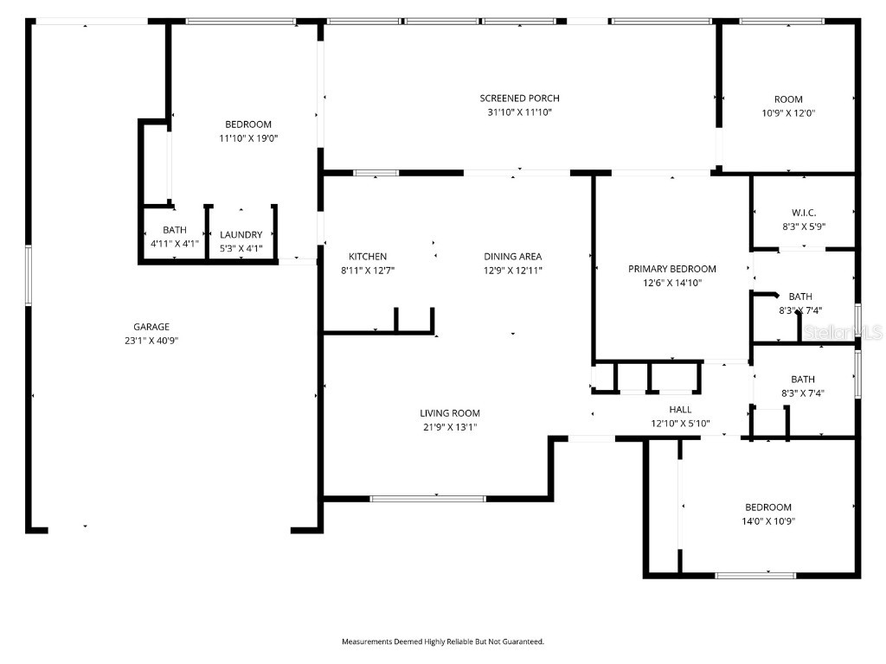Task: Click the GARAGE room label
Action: tap(151, 327)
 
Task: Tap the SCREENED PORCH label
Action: tap(519, 99)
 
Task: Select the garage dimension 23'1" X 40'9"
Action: tap(151, 341)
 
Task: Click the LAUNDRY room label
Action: tap(241, 235)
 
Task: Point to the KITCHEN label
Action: tap(368, 257)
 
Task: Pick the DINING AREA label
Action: tap(513, 257)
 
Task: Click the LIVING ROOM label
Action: tap(450, 413)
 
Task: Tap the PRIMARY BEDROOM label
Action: tap(672, 269)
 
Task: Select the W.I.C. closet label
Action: tap(804, 213)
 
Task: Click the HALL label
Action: tap(680, 410)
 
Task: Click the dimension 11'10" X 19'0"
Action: tap(248, 138)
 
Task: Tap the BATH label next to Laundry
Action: tap(175, 231)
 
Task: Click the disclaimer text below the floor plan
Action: tap(443, 642)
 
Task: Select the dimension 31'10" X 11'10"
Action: tap(519, 112)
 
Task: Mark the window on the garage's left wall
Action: tap(29, 275)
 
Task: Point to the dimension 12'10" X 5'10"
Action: tap(680, 424)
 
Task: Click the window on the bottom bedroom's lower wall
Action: tap(755, 575)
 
